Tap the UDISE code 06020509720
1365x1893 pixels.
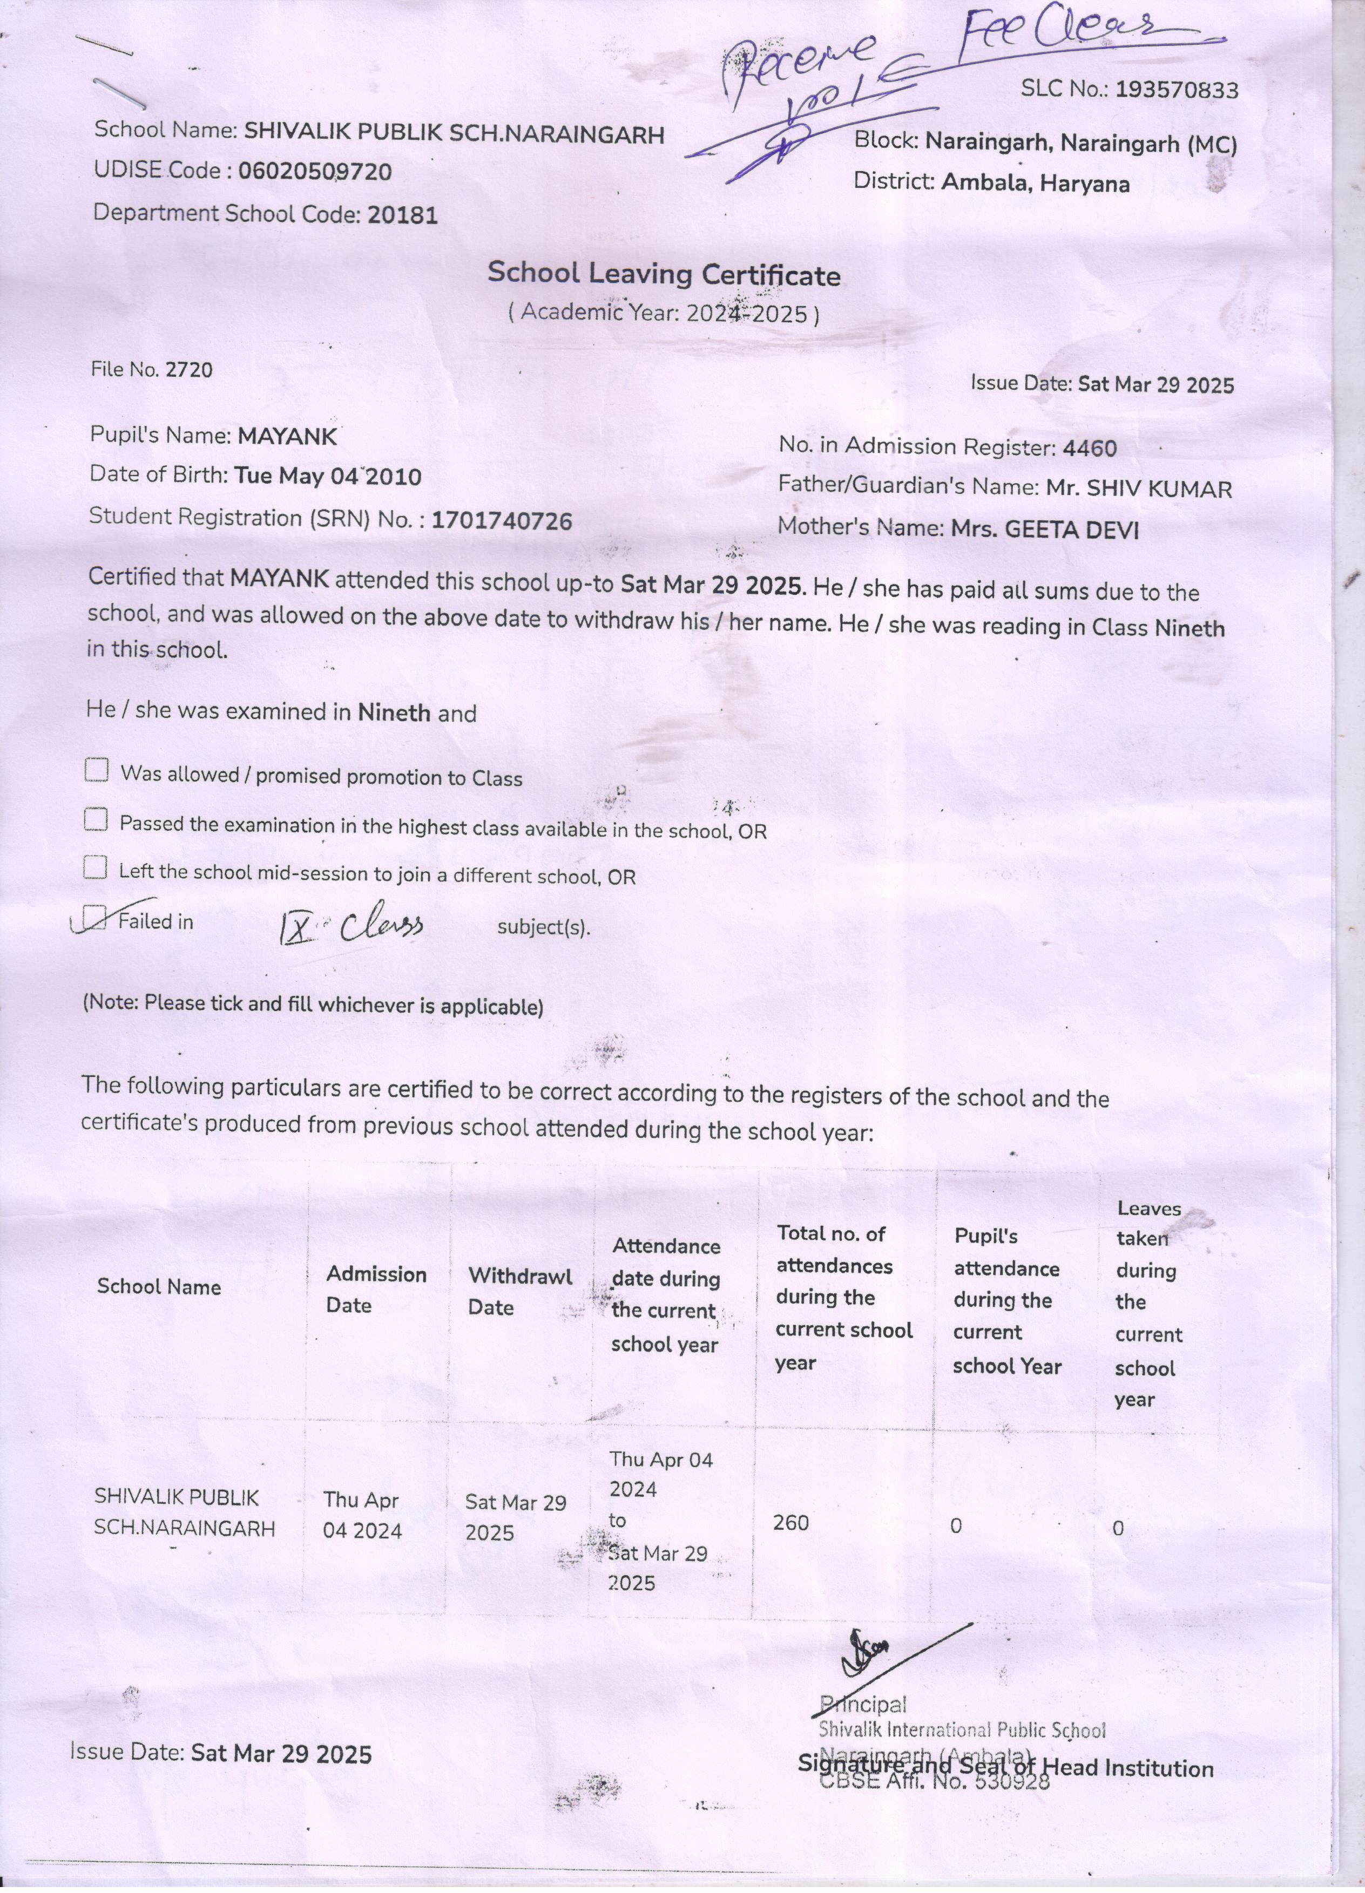click(315, 172)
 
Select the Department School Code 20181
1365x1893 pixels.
click(402, 215)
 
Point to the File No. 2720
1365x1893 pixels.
click(190, 370)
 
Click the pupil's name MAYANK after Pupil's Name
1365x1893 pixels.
click(287, 436)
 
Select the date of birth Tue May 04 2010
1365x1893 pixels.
click(327, 477)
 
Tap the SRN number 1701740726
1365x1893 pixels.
click(502, 521)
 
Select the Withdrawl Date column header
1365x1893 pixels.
click(519, 1291)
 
